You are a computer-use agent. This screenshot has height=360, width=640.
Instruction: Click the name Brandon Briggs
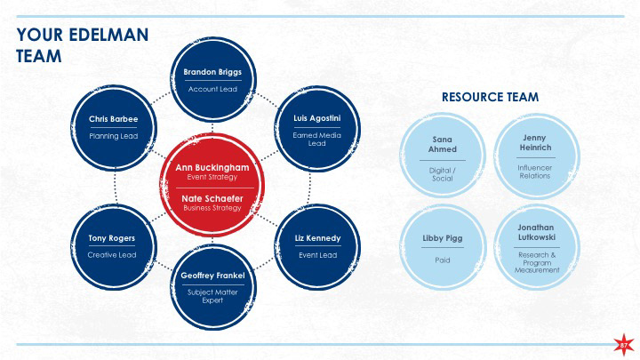point(212,72)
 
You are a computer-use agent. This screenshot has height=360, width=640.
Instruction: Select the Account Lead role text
point(212,90)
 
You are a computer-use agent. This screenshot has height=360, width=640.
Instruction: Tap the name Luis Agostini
point(316,118)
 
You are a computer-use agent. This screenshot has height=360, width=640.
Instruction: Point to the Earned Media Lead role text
point(316,139)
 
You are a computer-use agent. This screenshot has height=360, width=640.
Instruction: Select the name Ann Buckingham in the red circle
point(212,167)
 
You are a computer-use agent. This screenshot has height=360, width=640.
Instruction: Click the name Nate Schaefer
point(212,198)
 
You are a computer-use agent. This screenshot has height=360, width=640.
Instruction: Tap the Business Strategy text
point(212,208)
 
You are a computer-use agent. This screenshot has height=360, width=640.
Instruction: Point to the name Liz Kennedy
point(316,238)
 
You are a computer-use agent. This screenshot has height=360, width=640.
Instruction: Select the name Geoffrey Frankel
point(212,275)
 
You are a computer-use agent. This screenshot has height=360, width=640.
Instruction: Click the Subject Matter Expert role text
point(212,296)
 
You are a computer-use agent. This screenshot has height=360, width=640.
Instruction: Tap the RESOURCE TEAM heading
point(490,97)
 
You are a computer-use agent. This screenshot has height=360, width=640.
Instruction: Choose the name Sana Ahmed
point(442,144)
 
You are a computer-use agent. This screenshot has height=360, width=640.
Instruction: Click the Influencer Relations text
point(534,171)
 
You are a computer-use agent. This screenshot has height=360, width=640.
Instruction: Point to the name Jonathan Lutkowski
point(536,233)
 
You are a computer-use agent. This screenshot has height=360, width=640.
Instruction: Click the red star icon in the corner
point(624,344)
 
